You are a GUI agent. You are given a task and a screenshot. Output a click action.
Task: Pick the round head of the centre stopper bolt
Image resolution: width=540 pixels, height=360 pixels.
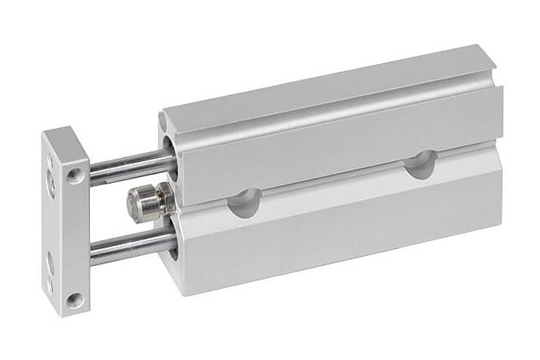(134, 202)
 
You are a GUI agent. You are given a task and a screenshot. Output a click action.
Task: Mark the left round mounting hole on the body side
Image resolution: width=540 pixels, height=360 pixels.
(245, 203)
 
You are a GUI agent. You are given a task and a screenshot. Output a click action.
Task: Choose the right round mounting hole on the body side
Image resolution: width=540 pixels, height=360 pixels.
(419, 163)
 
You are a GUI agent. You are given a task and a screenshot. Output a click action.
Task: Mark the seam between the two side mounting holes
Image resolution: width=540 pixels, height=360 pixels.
(333, 185)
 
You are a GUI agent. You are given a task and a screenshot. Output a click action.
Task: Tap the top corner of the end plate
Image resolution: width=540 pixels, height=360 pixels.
(60, 128)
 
